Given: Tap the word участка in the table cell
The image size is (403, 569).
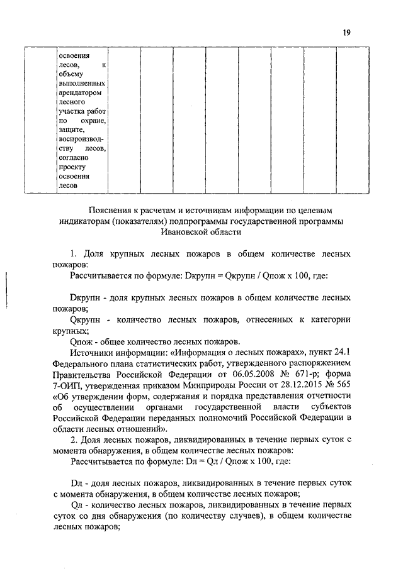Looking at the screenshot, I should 71,111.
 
